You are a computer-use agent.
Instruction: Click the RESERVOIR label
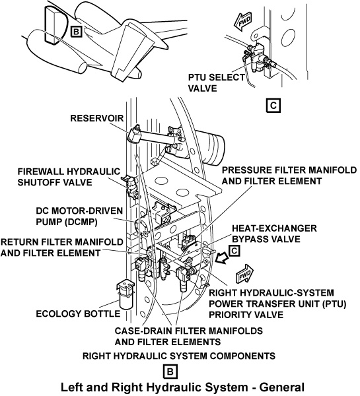[97, 118]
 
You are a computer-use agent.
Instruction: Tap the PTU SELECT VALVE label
[217, 83]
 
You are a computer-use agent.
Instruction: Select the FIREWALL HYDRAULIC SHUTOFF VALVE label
[69, 177]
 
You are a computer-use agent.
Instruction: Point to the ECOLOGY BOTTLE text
[78, 313]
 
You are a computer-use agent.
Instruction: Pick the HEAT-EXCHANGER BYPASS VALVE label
[274, 234]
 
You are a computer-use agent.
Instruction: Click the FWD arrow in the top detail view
[242, 22]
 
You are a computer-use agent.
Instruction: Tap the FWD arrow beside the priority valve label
[244, 274]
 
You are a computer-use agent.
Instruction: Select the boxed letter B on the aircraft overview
[77, 32]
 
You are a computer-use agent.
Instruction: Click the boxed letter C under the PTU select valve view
[273, 105]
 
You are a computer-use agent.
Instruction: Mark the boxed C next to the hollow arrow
[234, 251]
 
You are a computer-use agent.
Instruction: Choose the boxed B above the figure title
[170, 372]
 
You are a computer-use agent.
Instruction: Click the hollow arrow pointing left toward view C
[221, 258]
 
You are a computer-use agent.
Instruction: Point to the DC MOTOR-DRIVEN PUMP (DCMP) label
[79, 216]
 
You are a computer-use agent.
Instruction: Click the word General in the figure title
[281, 387]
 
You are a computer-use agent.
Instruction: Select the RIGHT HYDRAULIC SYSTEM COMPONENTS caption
[179, 356]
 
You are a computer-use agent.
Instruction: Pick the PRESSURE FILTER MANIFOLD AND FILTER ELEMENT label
[289, 176]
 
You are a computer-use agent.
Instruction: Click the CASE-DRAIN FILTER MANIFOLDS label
[189, 331]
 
